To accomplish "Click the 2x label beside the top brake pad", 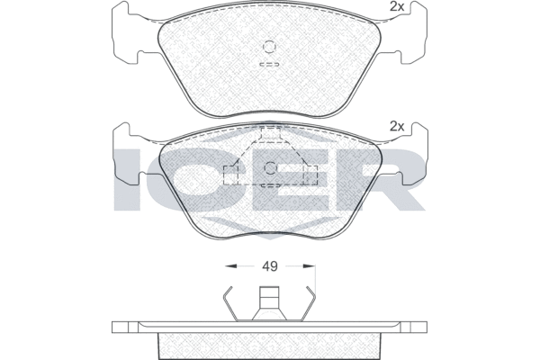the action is tap(395, 7).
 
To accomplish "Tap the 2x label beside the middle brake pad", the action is tap(395, 126).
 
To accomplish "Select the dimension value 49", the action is tap(269, 265).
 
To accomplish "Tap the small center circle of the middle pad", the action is tap(270, 166).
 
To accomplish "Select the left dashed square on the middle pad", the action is tap(231, 175).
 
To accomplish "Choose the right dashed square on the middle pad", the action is tap(311, 175).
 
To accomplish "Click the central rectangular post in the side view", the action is tap(269, 301).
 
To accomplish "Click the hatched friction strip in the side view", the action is tap(269, 343).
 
